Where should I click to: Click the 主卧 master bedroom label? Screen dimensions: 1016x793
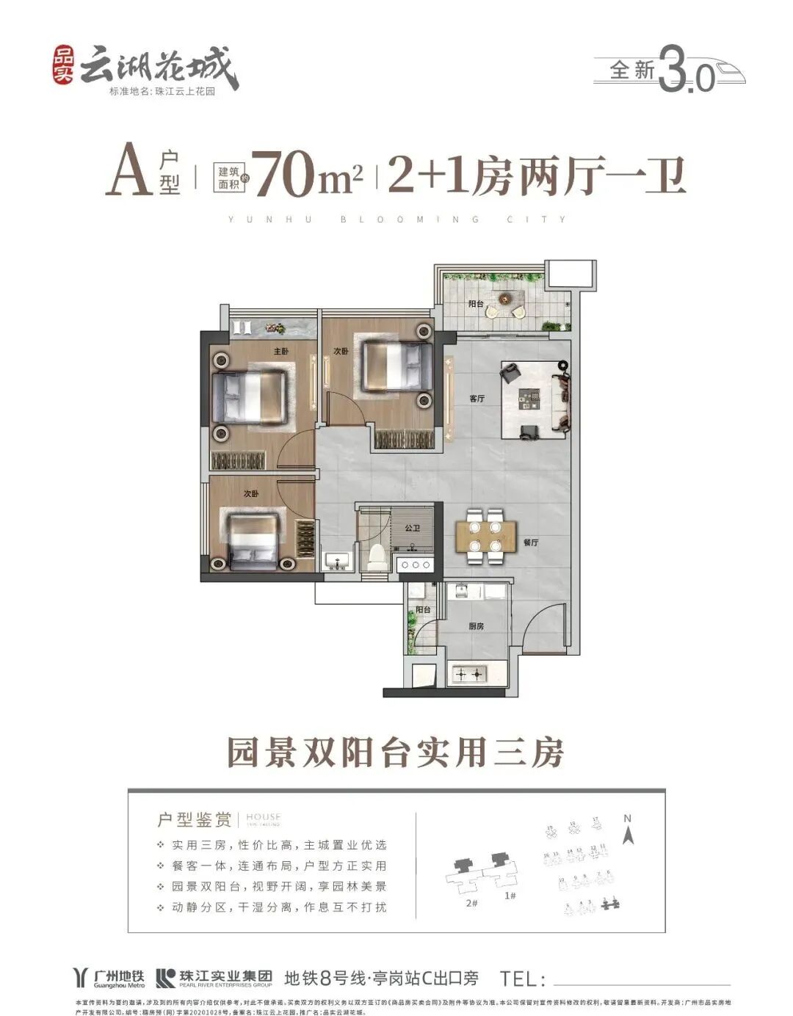coord(280,352)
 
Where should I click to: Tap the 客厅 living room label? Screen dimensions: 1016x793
coord(477,399)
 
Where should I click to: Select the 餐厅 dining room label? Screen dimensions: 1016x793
coord(532,543)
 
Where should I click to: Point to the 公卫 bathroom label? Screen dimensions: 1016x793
coord(412,528)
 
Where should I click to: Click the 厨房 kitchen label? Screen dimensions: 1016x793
coord(477,626)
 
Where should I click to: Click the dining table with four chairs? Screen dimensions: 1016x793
coord(485,536)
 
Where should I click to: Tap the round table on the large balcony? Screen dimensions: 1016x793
coord(504,298)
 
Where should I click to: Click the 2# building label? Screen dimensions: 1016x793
coord(471,903)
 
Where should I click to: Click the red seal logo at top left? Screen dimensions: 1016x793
coord(65,67)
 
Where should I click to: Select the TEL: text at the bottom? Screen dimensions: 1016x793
coord(524,979)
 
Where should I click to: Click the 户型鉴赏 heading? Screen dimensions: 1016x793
coord(195,819)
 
